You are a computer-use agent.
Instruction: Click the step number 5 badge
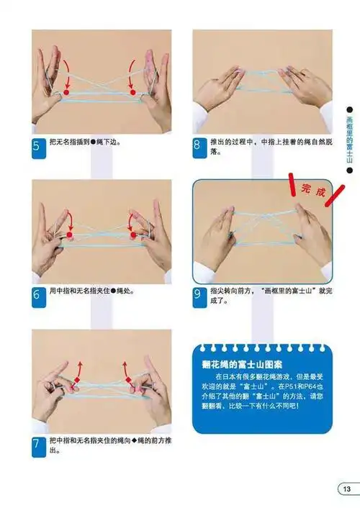pyautogui.click(x=37, y=147)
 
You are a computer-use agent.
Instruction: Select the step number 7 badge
pyautogui.click(x=37, y=445)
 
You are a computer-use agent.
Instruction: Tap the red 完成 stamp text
pyautogui.click(x=313, y=192)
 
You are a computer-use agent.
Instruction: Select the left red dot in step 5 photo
pyautogui.click(x=66, y=93)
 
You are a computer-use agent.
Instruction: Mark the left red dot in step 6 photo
pyautogui.click(x=69, y=235)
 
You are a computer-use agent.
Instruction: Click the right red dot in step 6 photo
pyautogui.click(x=132, y=235)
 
